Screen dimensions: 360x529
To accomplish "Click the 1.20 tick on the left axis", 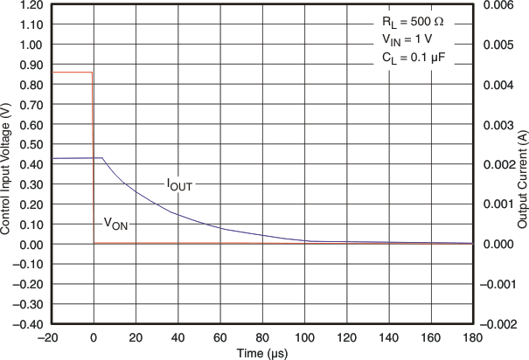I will pos(33,4).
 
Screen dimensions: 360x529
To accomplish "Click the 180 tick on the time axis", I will pos(472,336).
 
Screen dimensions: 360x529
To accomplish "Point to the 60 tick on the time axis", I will pos(220,336).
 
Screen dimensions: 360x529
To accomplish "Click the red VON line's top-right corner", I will pos(93,73).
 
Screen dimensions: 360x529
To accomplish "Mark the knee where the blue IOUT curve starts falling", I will pos(102,158).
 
